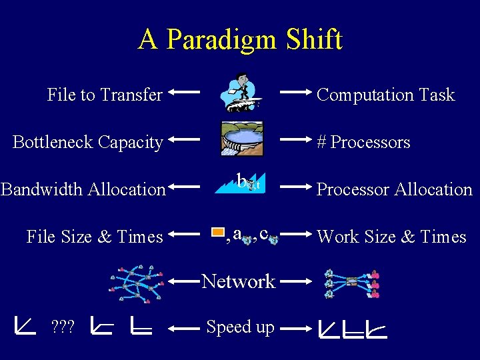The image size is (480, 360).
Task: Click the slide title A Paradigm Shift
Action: pyautogui.click(x=240, y=39)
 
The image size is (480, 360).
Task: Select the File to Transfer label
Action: pyautogui.click(x=105, y=95)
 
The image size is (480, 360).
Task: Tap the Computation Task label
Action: pyautogui.click(x=385, y=95)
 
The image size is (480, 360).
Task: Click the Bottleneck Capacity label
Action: pyautogui.click(x=88, y=142)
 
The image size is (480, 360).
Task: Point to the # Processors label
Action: pyautogui.click(x=363, y=142)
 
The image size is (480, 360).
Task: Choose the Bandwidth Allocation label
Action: pyautogui.click(x=83, y=189)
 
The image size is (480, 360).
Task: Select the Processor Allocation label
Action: pyautogui.click(x=394, y=189)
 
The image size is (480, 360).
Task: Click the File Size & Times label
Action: pyautogui.click(x=95, y=237)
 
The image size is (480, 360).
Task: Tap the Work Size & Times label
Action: pyautogui.click(x=391, y=237)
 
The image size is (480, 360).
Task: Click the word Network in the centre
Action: pyautogui.click(x=239, y=281)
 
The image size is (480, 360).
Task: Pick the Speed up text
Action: pyautogui.click(x=240, y=327)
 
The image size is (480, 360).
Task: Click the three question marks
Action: pyautogui.click(x=63, y=327)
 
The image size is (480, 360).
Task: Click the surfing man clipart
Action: pyautogui.click(x=241, y=93)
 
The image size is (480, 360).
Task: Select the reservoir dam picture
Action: pyautogui.click(x=240, y=140)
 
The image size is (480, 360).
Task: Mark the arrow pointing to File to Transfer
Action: pyautogui.click(x=184, y=92)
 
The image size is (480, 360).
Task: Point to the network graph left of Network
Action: pyautogui.click(x=137, y=284)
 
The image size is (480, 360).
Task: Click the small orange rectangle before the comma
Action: pyautogui.click(x=218, y=233)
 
